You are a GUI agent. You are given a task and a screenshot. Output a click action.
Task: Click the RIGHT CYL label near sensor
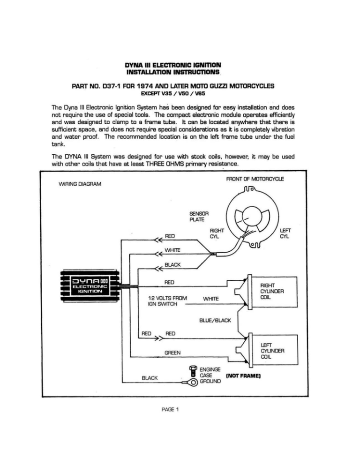217,233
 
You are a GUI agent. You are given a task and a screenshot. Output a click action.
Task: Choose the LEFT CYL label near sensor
285,233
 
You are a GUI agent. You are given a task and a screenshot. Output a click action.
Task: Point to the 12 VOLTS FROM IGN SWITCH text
167,301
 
